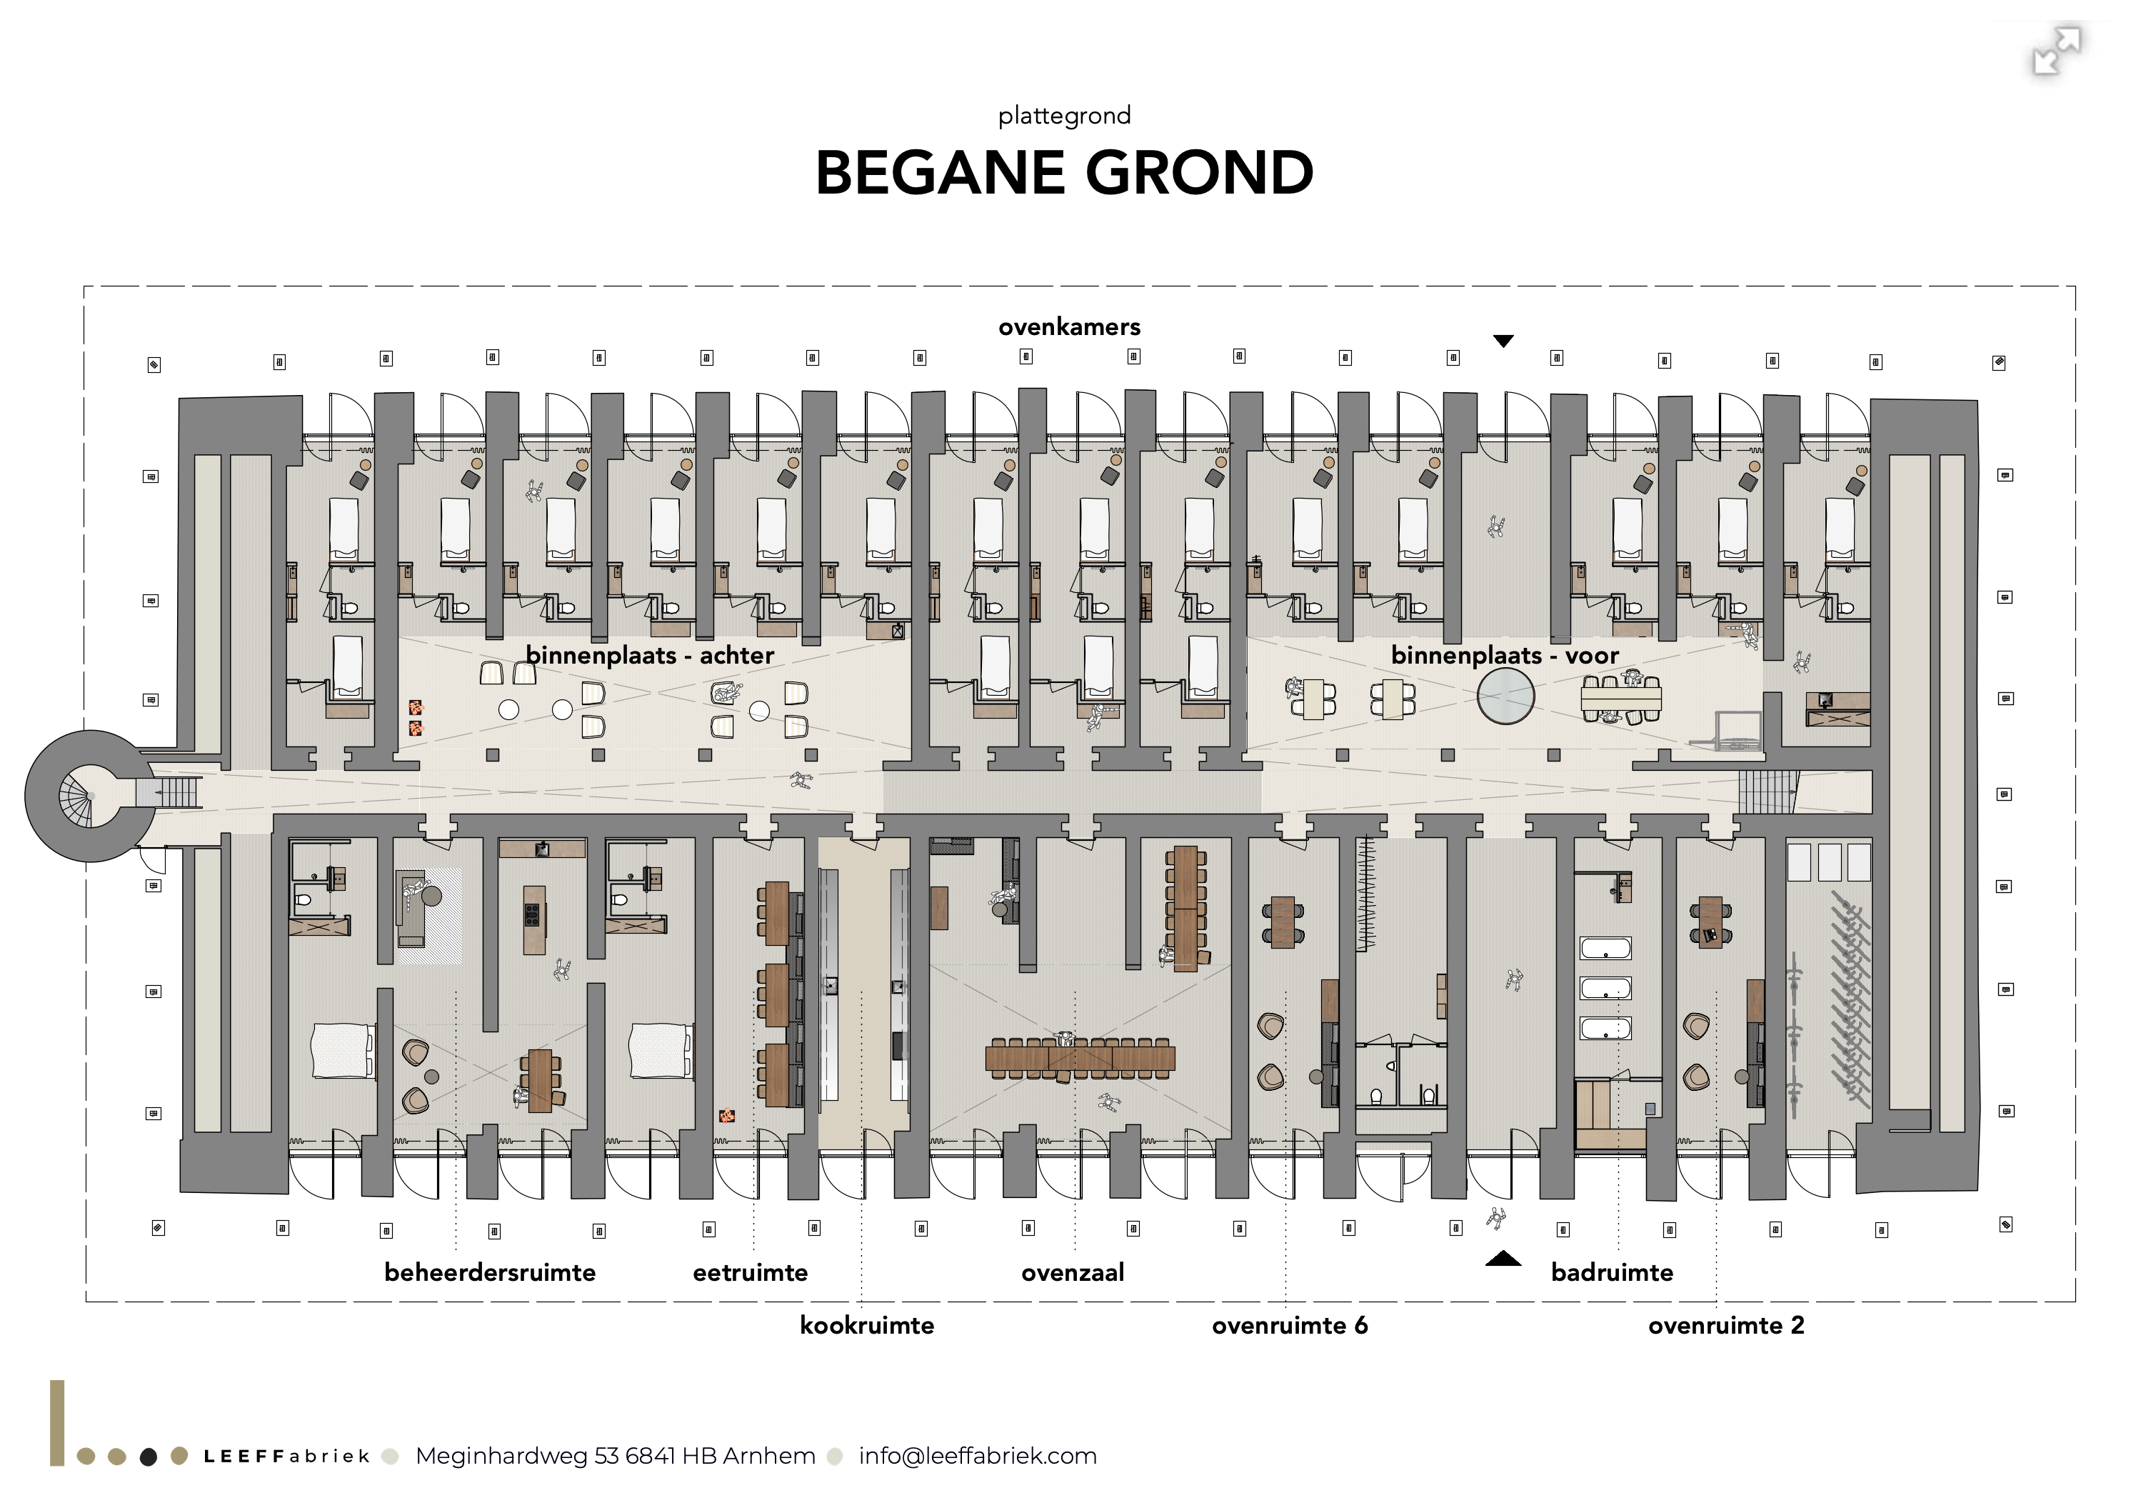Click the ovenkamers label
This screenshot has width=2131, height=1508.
click(x=1069, y=327)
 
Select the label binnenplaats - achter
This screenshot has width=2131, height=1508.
click(x=650, y=656)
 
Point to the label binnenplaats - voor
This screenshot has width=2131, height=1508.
click(x=1505, y=656)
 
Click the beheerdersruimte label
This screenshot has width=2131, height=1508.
click(x=490, y=1272)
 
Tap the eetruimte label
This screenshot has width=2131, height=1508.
click(x=750, y=1272)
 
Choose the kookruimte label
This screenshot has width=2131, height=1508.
click(x=867, y=1325)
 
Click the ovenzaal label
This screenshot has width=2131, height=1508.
click(x=1073, y=1272)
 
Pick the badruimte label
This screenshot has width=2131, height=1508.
click(x=1612, y=1272)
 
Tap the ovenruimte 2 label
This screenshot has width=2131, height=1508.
click(x=1726, y=1325)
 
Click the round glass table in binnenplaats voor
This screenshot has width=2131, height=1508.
click(x=1505, y=696)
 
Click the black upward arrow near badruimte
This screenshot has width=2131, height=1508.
click(x=1503, y=1259)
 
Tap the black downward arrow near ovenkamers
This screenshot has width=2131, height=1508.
click(x=1503, y=341)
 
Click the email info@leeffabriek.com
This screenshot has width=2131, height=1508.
click(x=978, y=1456)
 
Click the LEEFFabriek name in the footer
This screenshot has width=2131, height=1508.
click(x=286, y=1456)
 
